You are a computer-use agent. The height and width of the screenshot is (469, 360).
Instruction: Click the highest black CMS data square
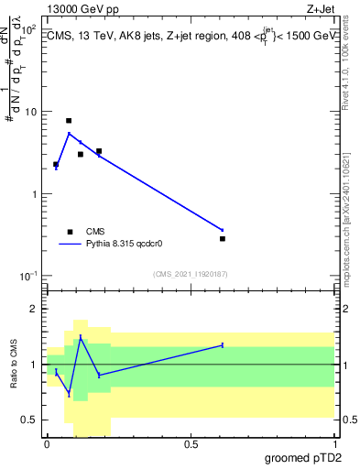tap(69, 121)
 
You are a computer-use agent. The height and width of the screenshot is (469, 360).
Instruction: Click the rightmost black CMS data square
tap(223, 238)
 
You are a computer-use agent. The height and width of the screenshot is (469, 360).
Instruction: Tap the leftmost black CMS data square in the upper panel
tap(56, 164)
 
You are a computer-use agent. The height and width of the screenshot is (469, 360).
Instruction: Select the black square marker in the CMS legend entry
tap(69, 232)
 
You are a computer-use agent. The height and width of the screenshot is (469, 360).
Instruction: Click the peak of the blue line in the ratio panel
tap(81, 337)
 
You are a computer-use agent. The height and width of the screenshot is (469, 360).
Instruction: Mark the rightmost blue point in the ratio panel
tap(223, 344)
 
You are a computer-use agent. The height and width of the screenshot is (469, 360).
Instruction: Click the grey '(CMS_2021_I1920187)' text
tap(190, 273)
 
